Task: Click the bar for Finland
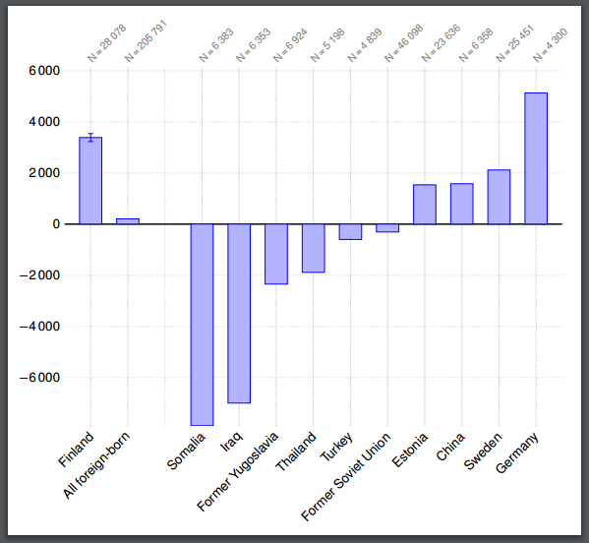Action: pyautogui.click(x=90, y=181)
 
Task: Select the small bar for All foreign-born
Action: pyautogui.click(x=128, y=221)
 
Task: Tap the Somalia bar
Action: pyautogui.click(x=202, y=325)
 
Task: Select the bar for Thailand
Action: pyautogui.click(x=313, y=248)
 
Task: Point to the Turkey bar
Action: pyautogui.click(x=350, y=232)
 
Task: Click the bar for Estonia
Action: pyautogui.click(x=425, y=205)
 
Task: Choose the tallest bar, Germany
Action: pyautogui.click(x=536, y=158)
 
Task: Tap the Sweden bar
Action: pyautogui.click(x=499, y=197)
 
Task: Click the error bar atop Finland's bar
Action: pyautogui.click(x=90, y=138)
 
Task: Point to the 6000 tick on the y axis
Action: pyautogui.click(x=44, y=71)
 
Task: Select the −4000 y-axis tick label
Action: pyautogui.click(x=39, y=327)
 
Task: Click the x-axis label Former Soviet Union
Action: pyautogui.click(x=346, y=476)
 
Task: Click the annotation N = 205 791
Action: pyautogui.click(x=146, y=42)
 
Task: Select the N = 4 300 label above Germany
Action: pyautogui.click(x=550, y=45)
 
